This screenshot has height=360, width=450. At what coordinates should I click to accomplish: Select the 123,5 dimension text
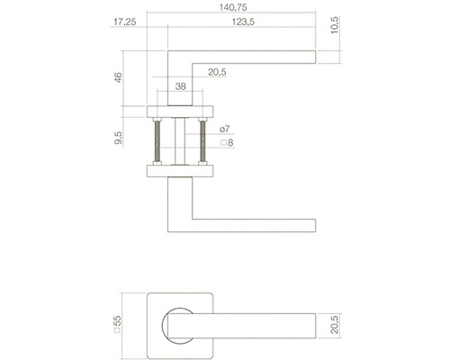pos(240,22)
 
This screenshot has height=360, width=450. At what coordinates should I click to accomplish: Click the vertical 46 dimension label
pos(120,77)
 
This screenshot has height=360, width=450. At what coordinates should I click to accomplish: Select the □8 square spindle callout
pos(227,143)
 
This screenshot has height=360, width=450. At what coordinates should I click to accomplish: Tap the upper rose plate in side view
pos(180,112)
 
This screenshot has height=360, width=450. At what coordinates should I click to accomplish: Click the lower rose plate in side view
pos(180,171)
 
